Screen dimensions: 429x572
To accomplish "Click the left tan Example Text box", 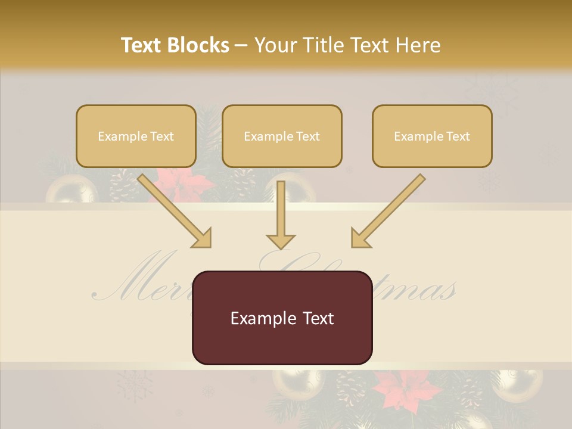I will click(x=136, y=136).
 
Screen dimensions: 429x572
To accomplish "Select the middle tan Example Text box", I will click(x=282, y=136).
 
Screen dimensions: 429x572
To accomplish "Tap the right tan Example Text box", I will click(x=432, y=136).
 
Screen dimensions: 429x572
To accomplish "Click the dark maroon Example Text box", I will click(x=282, y=318).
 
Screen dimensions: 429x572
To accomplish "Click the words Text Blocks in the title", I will click(x=175, y=45).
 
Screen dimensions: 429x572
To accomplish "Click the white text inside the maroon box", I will click(x=282, y=318).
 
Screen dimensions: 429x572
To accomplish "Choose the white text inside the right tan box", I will click(x=432, y=136).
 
